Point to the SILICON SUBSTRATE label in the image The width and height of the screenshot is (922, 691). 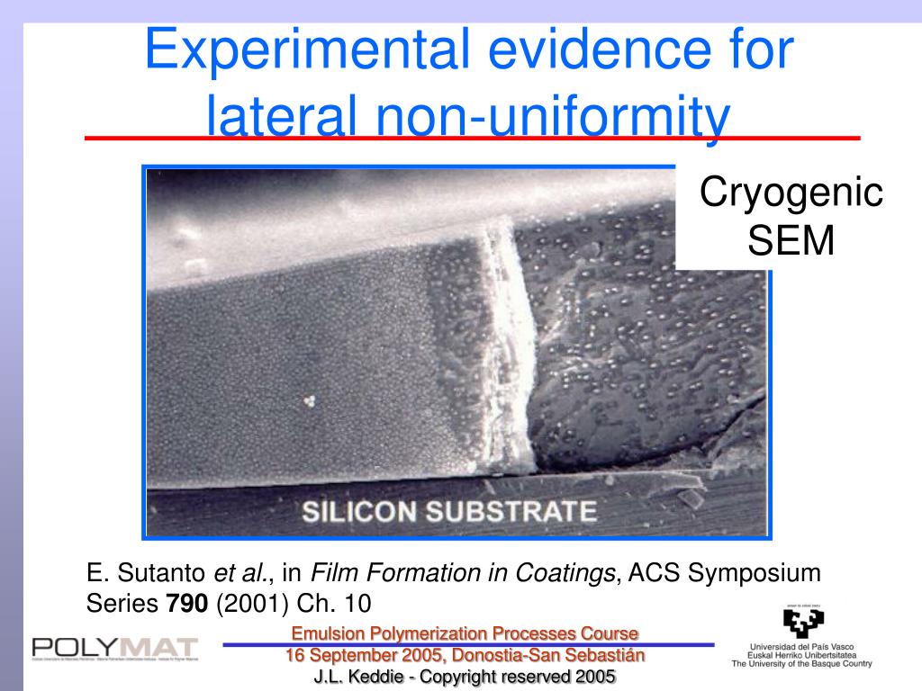pyautogui.click(x=447, y=512)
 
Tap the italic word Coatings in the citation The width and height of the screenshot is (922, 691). pyautogui.click(x=565, y=572)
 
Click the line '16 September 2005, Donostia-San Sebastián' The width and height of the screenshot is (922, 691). pyautogui.click(x=465, y=655)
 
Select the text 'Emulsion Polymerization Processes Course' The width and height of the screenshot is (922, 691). pyautogui.click(x=465, y=634)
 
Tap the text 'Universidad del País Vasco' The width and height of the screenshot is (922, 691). pyautogui.click(x=801, y=646)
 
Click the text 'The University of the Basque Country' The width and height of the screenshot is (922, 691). pyautogui.click(x=801, y=664)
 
